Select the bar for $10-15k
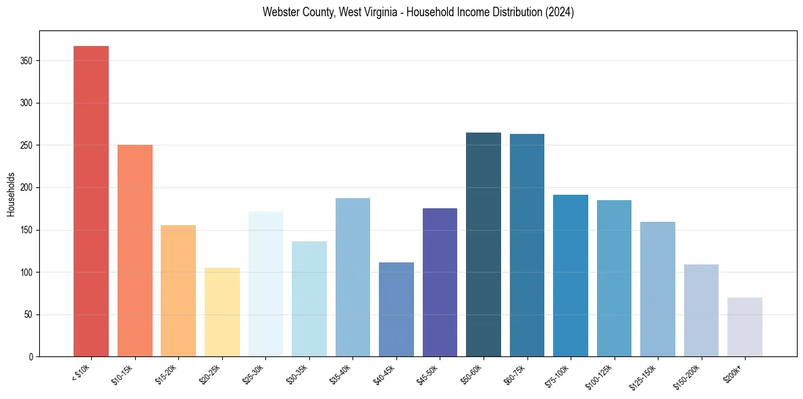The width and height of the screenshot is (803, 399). (x=135, y=250)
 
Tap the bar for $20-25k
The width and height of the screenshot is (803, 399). (x=222, y=312)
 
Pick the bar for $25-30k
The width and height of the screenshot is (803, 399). (x=265, y=284)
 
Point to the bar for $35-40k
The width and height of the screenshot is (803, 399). (x=353, y=277)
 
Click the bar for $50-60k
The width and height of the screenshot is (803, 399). (x=484, y=244)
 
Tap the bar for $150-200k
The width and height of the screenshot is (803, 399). (x=701, y=310)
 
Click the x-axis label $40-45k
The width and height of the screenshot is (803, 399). (x=384, y=375)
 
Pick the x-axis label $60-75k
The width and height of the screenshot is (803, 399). (x=515, y=375)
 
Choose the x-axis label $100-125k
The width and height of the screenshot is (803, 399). (x=600, y=377)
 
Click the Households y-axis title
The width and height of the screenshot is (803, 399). (x=11, y=194)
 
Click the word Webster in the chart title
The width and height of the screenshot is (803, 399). (x=279, y=13)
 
